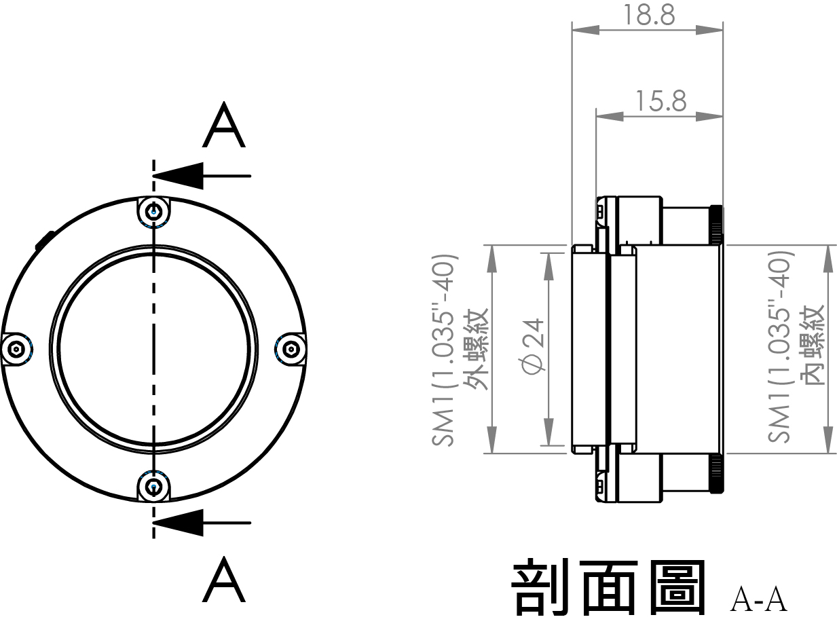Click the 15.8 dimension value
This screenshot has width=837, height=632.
pos(661,101)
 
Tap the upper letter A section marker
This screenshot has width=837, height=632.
pos(223,126)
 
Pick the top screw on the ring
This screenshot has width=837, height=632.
pos(153,212)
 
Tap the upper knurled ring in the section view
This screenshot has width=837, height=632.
pos(715,224)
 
